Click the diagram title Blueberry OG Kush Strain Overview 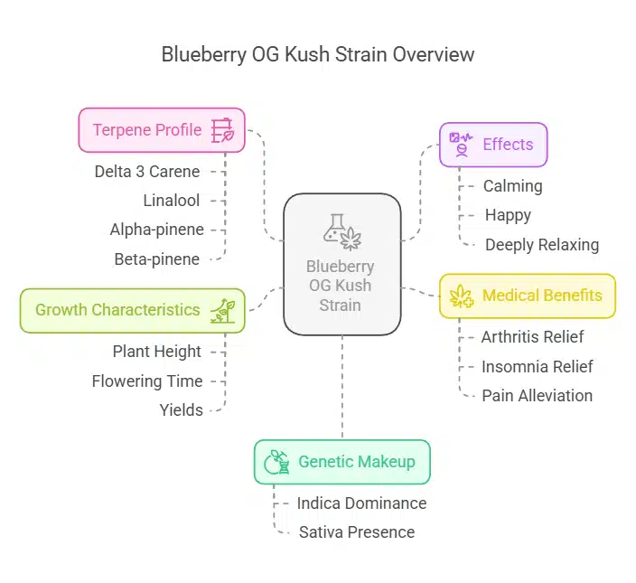(x=317, y=54)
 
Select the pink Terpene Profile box (x=162, y=130)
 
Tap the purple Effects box (x=493, y=145)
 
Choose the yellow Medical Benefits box (x=527, y=296)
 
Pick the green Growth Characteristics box (x=132, y=310)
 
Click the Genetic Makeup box (x=341, y=462)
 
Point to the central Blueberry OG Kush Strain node (x=342, y=265)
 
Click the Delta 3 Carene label (x=147, y=171)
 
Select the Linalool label (x=172, y=201)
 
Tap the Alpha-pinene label (x=157, y=230)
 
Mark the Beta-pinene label (x=157, y=259)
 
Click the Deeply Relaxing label (x=541, y=245)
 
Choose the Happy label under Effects (x=508, y=215)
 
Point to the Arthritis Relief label (x=532, y=337)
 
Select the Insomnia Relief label (x=537, y=366)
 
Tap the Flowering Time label (x=147, y=381)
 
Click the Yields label (x=182, y=410)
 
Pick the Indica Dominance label (x=361, y=503)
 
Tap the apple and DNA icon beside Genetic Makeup (x=276, y=462)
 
